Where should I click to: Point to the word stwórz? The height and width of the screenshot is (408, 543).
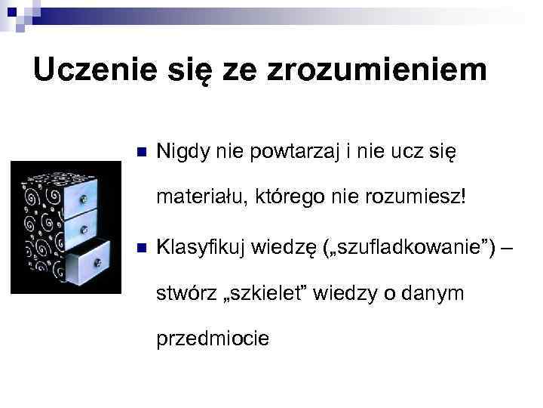(x=181, y=294)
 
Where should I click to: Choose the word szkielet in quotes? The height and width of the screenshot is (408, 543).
(x=261, y=294)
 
